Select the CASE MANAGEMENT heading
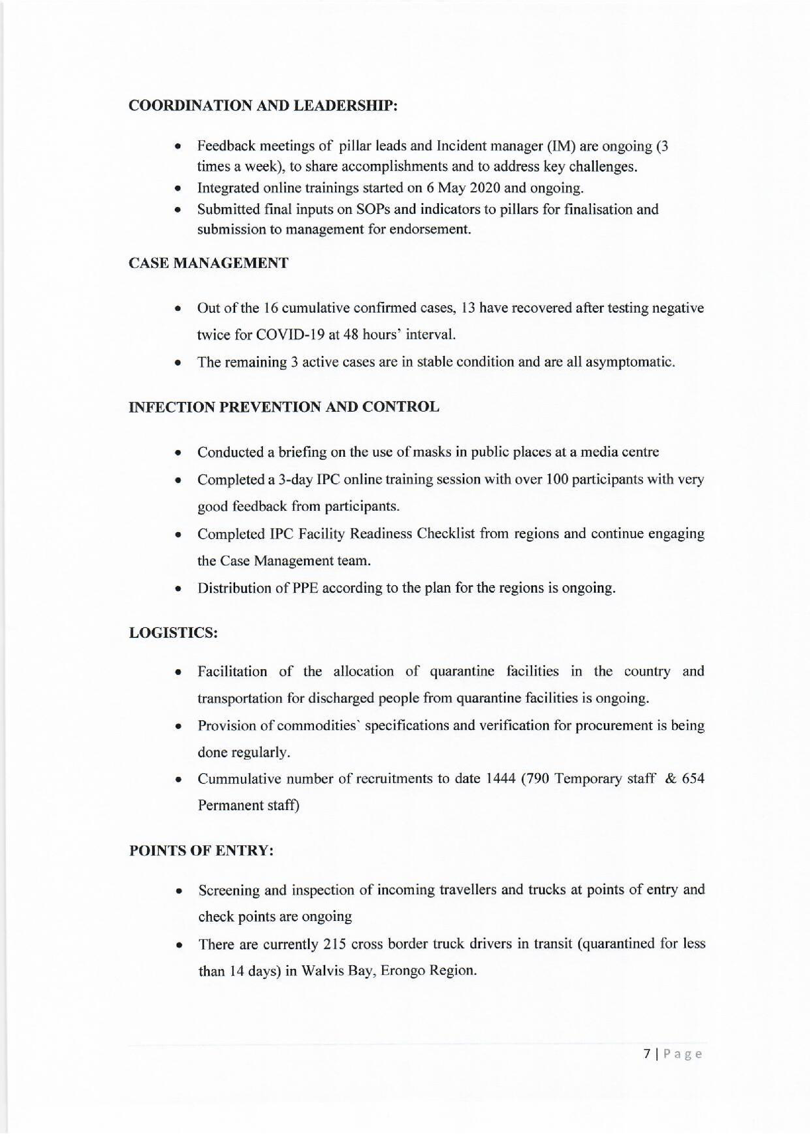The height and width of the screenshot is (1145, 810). coord(208,263)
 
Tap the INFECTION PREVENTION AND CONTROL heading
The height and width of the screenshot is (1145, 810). coord(284,407)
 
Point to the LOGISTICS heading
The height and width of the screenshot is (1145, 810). coord(173,633)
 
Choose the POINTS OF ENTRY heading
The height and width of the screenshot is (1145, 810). coord(201,851)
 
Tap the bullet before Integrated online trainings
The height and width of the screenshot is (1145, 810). coord(177,189)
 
